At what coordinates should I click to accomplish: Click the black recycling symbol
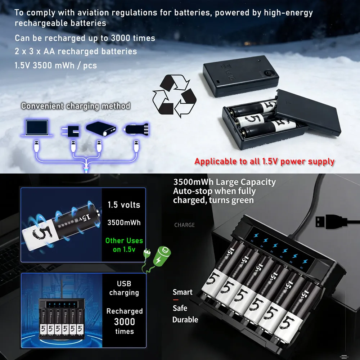point(174,96)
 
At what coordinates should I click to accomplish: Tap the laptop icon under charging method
point(37,128)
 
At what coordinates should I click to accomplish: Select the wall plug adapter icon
point(71,131)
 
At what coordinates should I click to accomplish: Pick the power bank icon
point(101,129)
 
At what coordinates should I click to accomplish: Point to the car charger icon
point(136,129)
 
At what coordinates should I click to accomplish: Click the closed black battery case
point(241,76)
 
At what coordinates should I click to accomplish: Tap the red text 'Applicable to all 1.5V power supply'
point(264,162)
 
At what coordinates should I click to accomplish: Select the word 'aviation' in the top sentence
point(93,13)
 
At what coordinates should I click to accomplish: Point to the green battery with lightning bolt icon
point(162,256)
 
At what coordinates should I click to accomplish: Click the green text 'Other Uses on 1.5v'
point(124,245)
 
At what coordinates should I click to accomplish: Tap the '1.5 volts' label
point(124,205)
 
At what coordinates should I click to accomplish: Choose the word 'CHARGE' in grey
point(184,225)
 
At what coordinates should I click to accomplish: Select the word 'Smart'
point(183,292)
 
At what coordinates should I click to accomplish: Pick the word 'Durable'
point(185,320)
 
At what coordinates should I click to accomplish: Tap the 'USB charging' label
point(124,288)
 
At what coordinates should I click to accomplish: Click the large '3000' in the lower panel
point(125,321)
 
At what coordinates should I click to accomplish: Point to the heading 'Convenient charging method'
point(76,106)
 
